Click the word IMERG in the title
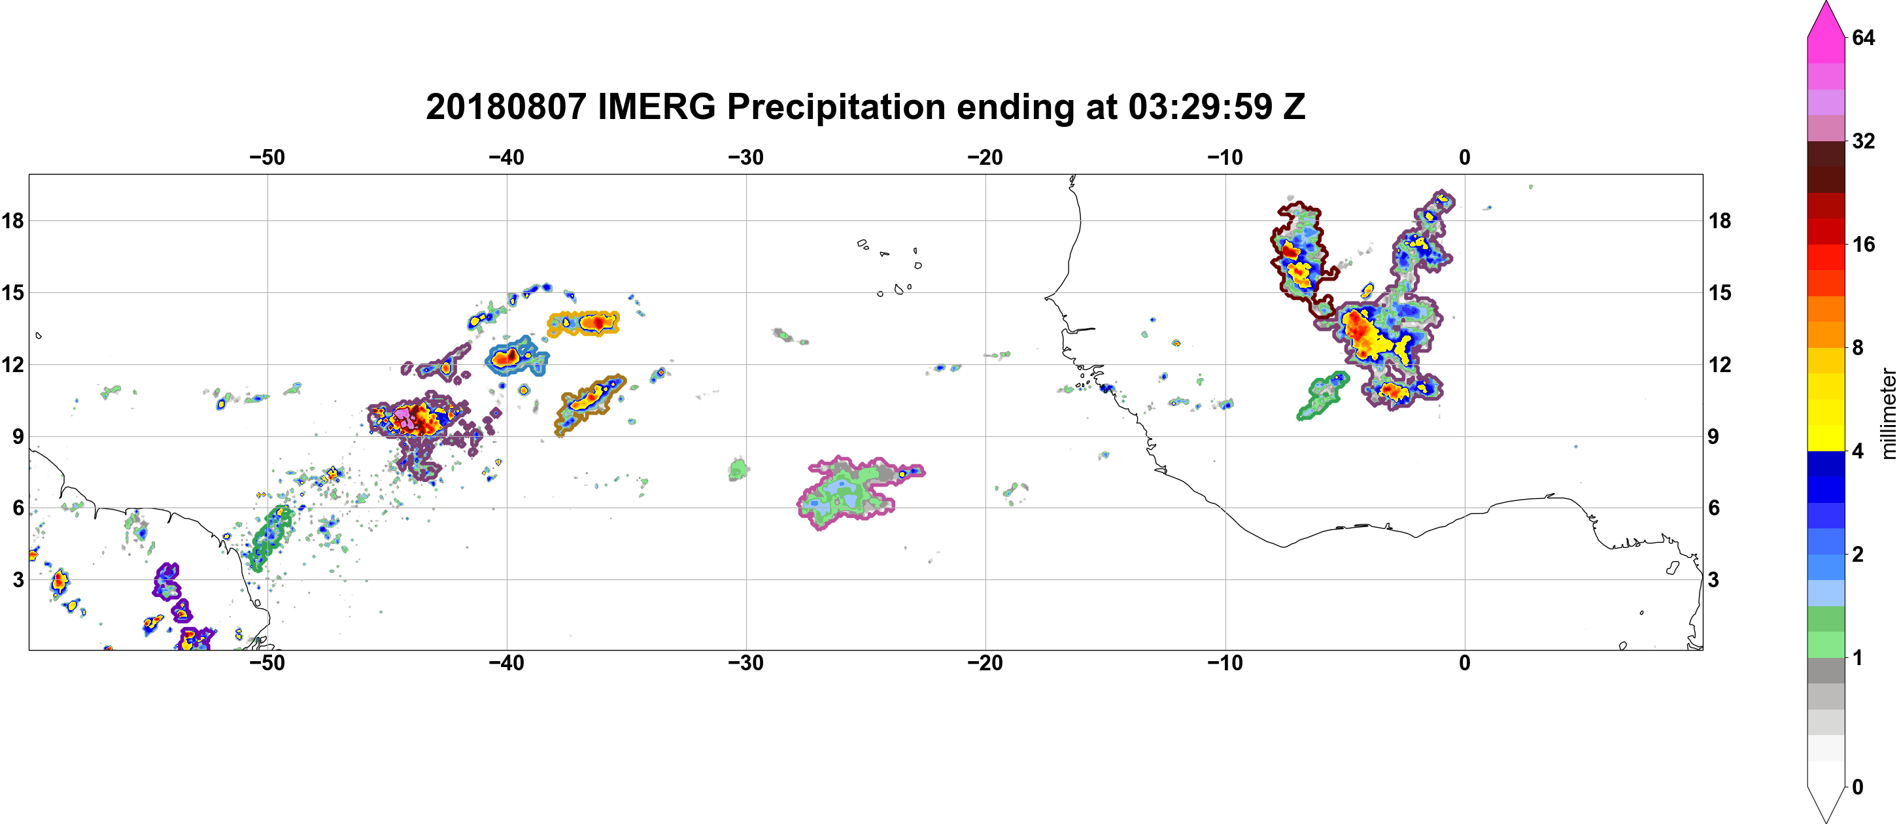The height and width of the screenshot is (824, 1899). [x=656, y=107]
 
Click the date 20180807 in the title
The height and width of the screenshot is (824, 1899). [x=505, y=107]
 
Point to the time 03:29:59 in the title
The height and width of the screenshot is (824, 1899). [x=1200, y=107]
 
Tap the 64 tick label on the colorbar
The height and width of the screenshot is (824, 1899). [x=1864, y=37]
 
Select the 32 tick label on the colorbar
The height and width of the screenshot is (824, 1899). [x=1864, y=141]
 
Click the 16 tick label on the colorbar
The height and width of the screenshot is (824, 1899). [x=1864, y=245]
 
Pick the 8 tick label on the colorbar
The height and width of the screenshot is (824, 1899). [x=1858, y=348]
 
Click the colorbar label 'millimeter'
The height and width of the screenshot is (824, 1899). [x=1888, y=413]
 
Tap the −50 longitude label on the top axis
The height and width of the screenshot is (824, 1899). [x=267, y=158]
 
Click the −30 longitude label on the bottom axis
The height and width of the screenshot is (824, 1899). [x=746, y=663]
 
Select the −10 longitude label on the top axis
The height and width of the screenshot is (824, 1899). [x=1225, y=158]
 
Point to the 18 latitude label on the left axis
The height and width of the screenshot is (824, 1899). [x=12, y=220]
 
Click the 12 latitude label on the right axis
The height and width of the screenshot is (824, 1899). [x=1720, y=365]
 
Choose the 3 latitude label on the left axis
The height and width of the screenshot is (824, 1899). [x=18, y=580]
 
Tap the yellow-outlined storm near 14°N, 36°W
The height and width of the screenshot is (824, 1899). [x=584, y=323]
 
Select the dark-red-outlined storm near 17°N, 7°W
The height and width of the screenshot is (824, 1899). [x=1302, y=258]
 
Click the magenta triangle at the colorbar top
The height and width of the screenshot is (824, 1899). [x=1826, y=19]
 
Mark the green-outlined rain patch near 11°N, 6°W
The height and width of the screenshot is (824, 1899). [x=1322, y=396]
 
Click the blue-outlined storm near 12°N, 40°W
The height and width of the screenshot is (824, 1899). [x=517, y=356]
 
